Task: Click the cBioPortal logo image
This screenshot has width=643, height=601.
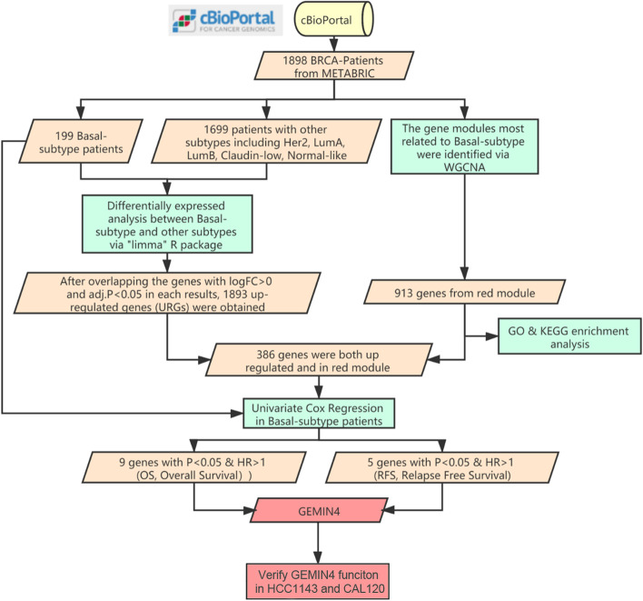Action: coord(231,21)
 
